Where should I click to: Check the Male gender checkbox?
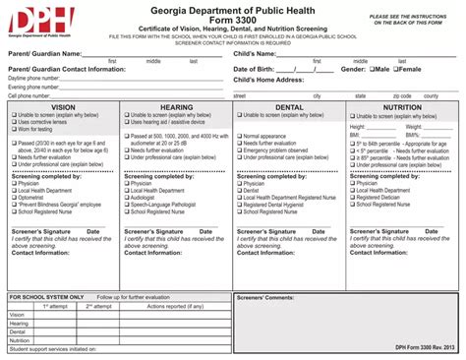[x=370, y=70]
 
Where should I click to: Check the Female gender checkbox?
[x=396, y=70]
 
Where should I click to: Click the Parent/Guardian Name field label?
[x=44, y=53]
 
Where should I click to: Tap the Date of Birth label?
[x=259, y=70]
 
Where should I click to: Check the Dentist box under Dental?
[x=239, y=189]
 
